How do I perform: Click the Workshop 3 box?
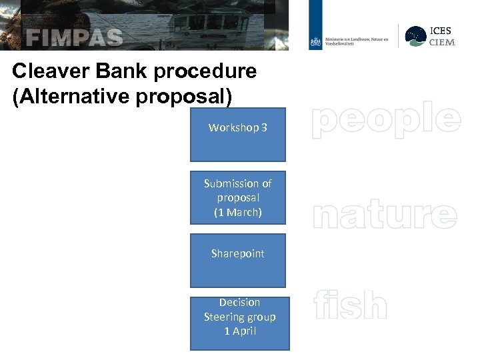click(238, 135)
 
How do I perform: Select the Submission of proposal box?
click(238, 197)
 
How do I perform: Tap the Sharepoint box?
click(238, 260)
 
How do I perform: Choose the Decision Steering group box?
click(240, 323)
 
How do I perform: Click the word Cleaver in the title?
click(45, 71)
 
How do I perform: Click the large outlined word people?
click(386, 119)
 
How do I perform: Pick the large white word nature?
click(385, 215)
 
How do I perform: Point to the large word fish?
click(350, 306)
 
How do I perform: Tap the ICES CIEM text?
click(441, 37)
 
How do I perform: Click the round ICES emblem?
click(416, 36)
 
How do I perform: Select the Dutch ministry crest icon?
click(315, 42)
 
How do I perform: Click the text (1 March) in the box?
click(238, 213)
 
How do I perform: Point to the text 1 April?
click(240, 331)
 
